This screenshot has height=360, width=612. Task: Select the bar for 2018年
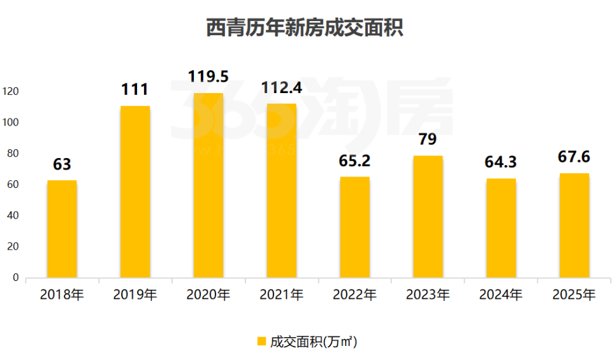62,229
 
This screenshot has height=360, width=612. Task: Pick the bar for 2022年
354,227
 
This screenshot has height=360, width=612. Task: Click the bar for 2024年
501,228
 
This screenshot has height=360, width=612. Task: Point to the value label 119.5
208,77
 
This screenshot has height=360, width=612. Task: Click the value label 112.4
281,87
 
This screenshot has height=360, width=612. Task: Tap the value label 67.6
574,157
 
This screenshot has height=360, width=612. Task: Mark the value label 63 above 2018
62,165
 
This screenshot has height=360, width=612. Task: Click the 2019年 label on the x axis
135,295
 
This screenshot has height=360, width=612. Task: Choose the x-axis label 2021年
281,295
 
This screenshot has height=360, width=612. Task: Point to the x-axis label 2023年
428,295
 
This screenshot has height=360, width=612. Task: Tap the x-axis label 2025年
574,295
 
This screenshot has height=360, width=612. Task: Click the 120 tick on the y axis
11,92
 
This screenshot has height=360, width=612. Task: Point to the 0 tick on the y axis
16,278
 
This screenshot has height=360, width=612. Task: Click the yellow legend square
261,342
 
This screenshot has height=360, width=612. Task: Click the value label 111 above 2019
135,90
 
